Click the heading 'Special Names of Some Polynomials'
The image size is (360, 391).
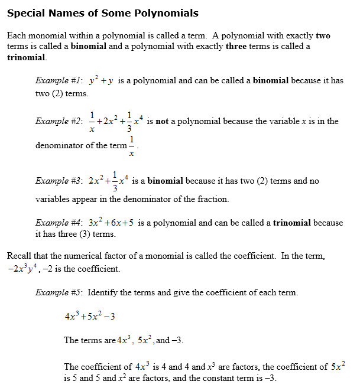click(102, 13)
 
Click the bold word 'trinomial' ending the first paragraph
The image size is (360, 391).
click(26, 57)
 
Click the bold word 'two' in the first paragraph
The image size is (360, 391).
click(323, 35)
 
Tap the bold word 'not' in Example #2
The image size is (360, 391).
click(162, 121)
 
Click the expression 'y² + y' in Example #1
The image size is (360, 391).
click(100, 81)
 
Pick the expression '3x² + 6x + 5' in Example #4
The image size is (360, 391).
click(111, 223)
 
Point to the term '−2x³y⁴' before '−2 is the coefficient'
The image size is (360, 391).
click(23, 269)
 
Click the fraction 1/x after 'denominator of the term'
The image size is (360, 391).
click(132, 146)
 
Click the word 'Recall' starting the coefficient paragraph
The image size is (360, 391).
click(20, 256)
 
